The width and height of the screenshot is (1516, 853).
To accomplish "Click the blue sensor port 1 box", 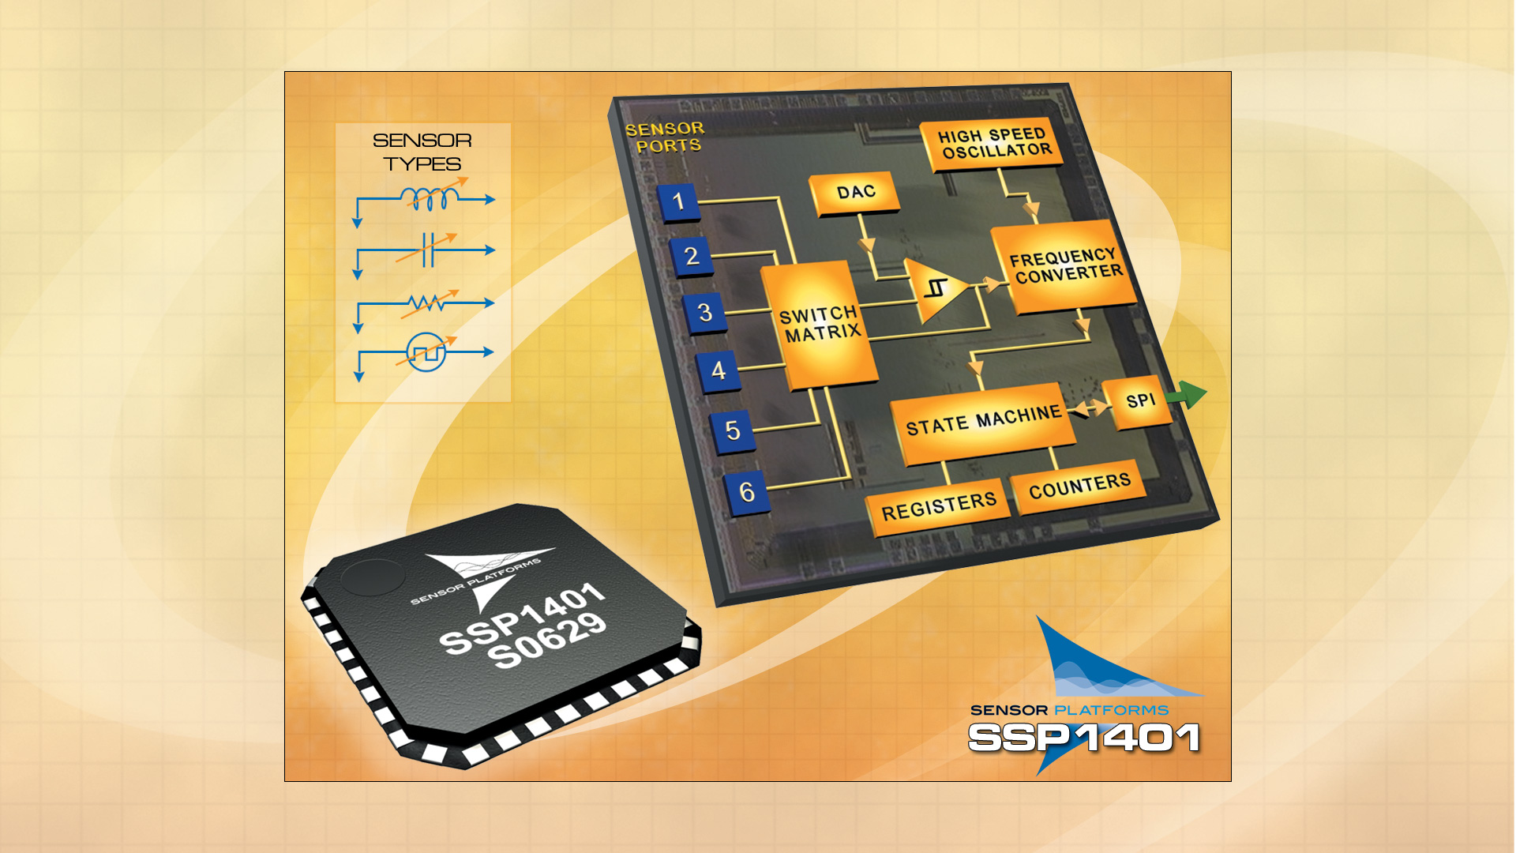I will [x=678, y=201].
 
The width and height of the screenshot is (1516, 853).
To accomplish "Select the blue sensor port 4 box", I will [x=718, y=370].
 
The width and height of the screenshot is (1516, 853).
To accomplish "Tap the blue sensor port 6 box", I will [x=746, y=492].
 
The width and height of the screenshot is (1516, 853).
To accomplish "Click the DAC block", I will [x=856, y=193].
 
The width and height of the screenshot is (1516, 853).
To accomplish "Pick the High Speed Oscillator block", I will [x=993, y=144].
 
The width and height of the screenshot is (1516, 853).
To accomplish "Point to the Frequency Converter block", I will [x=1064, y=266].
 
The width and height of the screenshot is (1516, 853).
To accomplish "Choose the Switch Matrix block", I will [x=819, y=325].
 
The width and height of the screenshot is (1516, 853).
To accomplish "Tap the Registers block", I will [x=938, y=507].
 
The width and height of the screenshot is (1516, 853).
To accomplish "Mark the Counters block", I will [x=1079, y=486].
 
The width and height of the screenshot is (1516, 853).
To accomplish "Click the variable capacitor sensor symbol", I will [x=427, y=250].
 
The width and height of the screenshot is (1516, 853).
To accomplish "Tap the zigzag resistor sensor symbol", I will [x=427, y=302].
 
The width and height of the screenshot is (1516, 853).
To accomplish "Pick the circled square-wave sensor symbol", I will [x=426, y=352].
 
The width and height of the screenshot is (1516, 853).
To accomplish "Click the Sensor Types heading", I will [x=422, y=152].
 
